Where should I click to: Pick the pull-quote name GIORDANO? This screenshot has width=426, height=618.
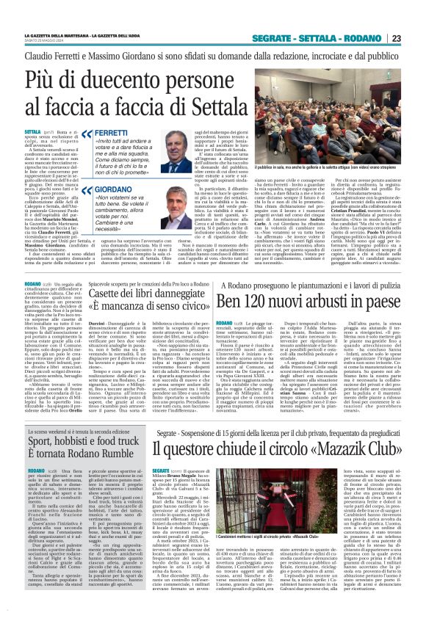pos(113,188)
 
